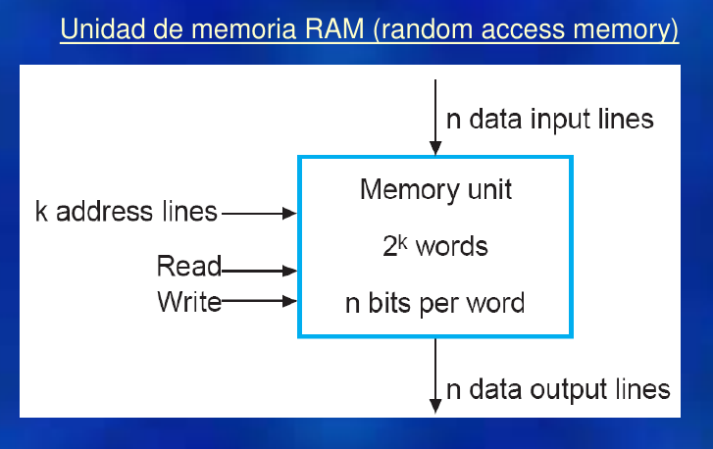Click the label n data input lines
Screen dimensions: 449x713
549,120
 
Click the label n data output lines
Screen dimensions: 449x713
558,389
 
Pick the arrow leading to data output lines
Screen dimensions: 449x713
434,374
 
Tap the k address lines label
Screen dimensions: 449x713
127,212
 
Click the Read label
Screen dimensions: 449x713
188,267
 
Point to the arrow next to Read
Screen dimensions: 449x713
259,268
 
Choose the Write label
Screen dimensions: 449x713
188,302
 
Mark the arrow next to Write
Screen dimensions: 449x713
259,302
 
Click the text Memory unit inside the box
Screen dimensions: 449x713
434,188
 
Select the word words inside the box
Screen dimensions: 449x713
451,246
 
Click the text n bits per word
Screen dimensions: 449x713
434,303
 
